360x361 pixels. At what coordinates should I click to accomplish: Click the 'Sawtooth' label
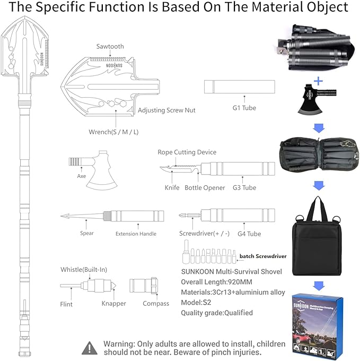point(110,46)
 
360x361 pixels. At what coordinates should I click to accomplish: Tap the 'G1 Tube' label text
point(244,108)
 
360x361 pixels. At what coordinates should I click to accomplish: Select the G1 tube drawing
point(240,87)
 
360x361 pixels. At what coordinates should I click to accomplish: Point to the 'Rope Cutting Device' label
point(187,152)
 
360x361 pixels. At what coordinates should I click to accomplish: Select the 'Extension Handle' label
point(136,234)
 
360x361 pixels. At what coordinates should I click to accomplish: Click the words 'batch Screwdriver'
point(263,256)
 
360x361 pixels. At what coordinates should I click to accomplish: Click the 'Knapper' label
point(113,304)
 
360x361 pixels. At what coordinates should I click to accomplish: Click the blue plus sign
point(318,81)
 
